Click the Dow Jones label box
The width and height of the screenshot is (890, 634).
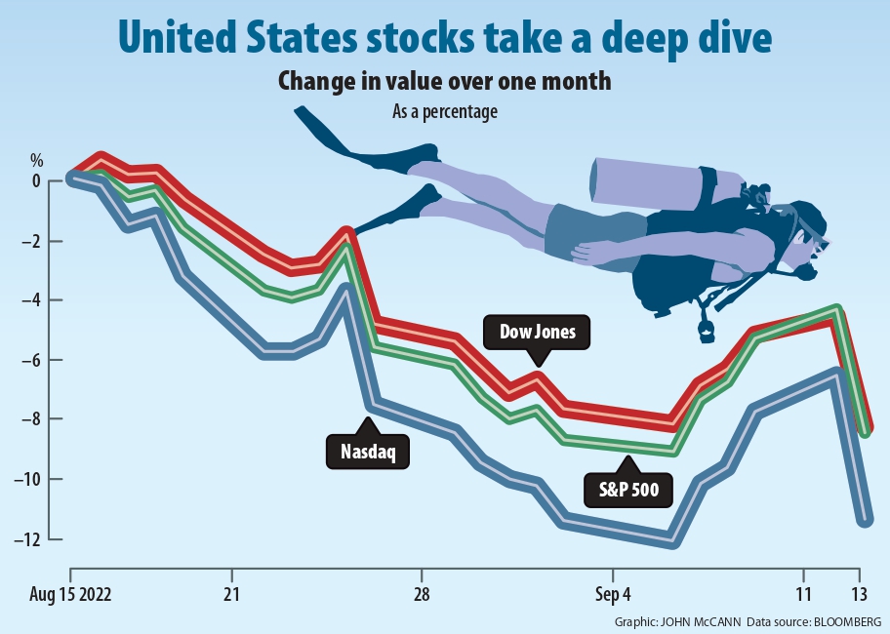[x=538, y=333]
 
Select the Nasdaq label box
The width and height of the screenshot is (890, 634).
[x=368, y=451]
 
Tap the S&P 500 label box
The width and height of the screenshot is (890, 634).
[x=629, y=489]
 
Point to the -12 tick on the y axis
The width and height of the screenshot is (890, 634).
[x=36, y=539]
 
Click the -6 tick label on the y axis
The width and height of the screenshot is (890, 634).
[x=36, y=360]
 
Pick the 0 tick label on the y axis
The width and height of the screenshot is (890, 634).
[x=36, y=181]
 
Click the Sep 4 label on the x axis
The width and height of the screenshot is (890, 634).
[x=612, y=593]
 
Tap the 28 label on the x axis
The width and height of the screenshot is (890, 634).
[x=422, y=593]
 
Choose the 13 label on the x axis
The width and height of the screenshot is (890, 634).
[x=859, y=593]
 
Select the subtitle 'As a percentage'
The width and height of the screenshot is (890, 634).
[x=445, y=112]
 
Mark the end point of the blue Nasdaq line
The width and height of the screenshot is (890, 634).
[x=864, y=521]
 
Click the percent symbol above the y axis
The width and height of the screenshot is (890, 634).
[x=37, y=159]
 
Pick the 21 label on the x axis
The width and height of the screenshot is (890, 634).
[x=231, y=593]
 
